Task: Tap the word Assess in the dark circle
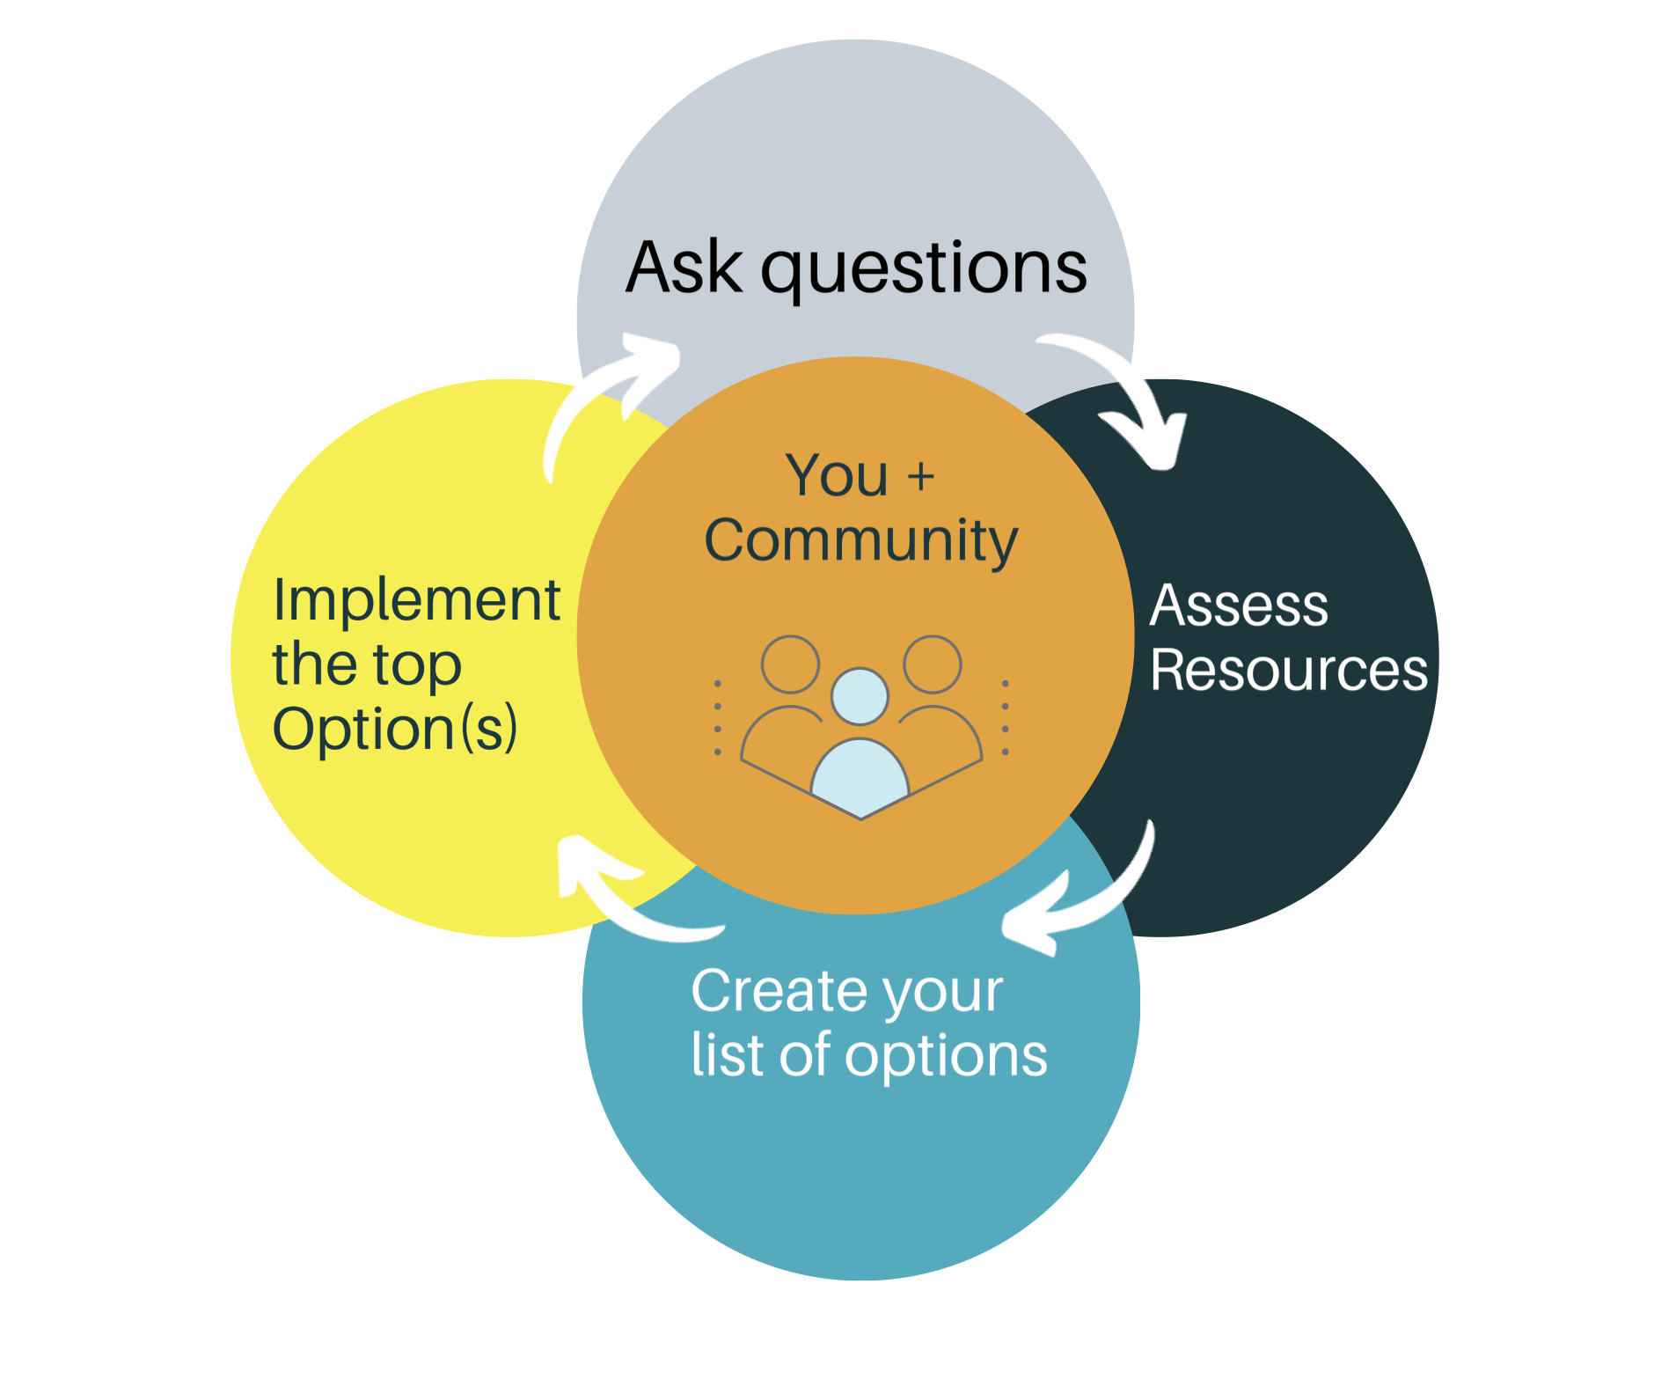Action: [1239, 605]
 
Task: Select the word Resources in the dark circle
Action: [1288, 670]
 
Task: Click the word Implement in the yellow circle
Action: [417, 600]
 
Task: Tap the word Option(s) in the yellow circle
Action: [395, 730]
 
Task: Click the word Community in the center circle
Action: [860, 540]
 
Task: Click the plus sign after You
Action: [920, 477]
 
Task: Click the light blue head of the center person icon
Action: [860, 696]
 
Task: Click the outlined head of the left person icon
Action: [790, 664]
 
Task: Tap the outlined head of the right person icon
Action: [932, 664]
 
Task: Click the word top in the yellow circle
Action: [417, 665]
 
